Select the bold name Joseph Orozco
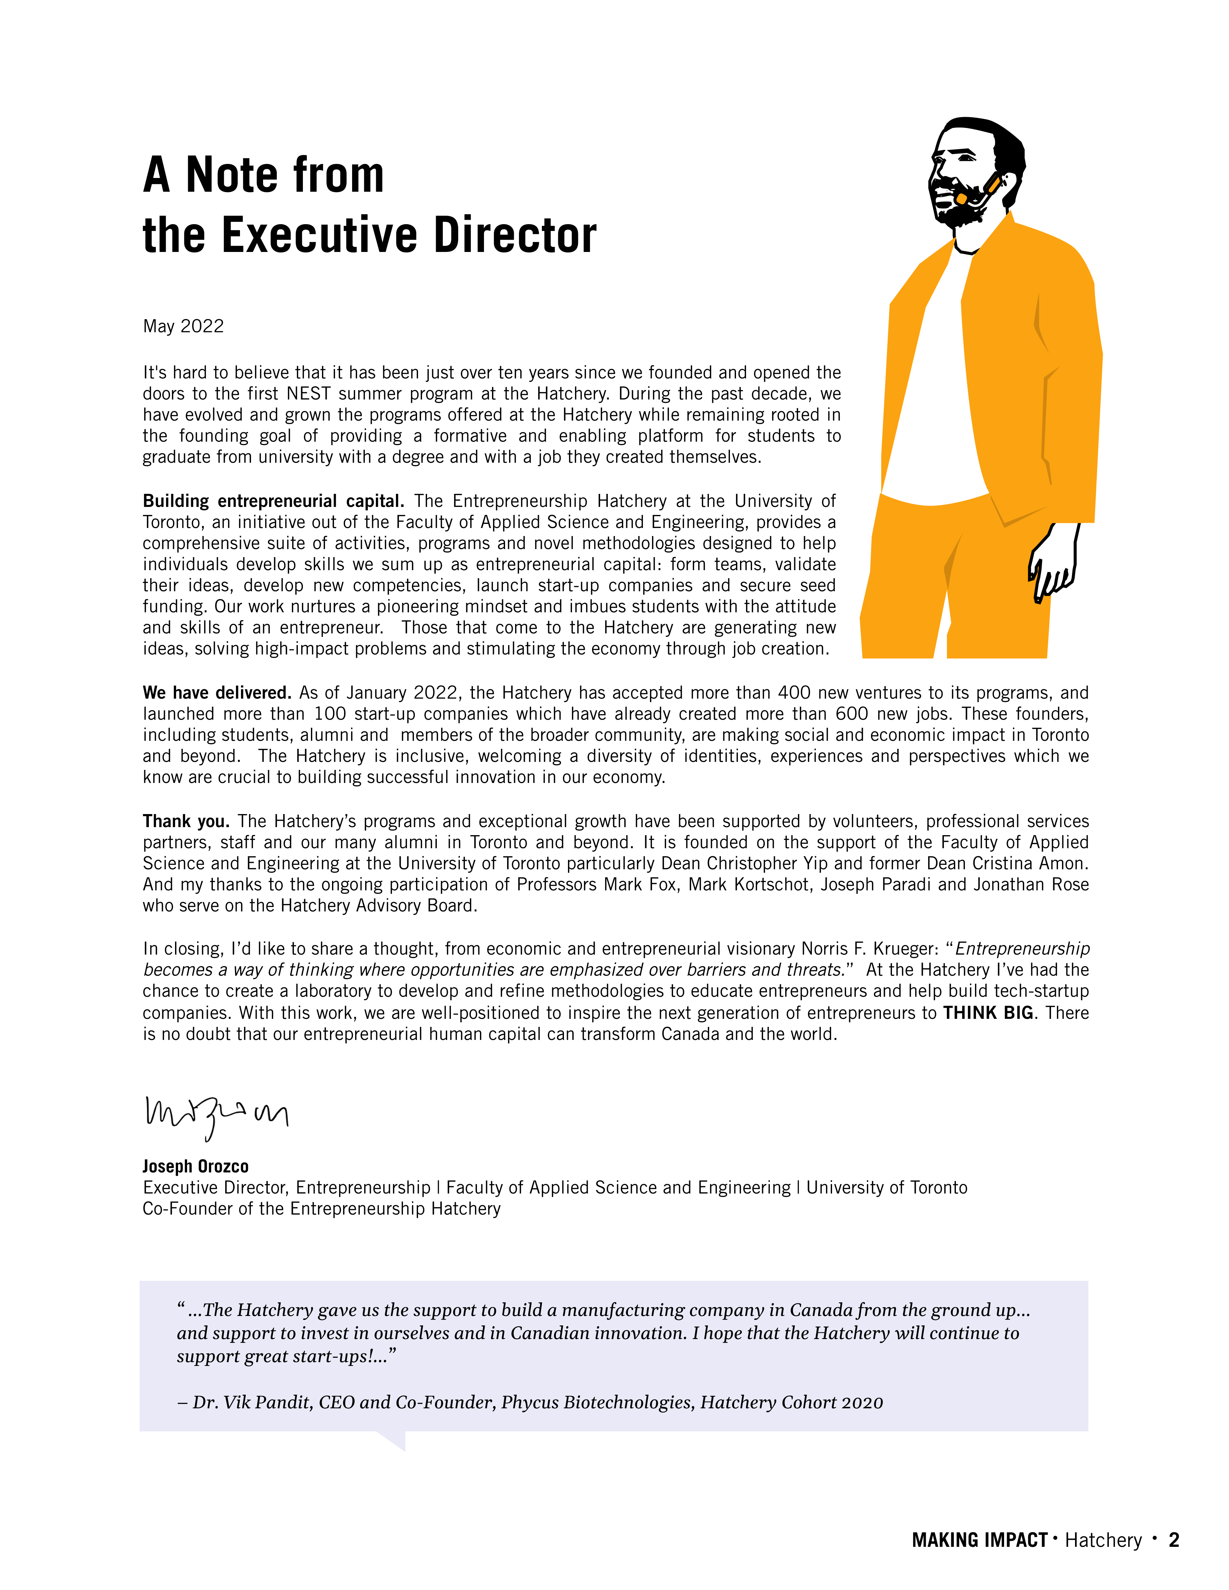pos(195,1166)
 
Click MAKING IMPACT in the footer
pos(979,1540)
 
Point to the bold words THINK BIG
pos(988,1013)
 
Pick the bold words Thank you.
pos(186,821)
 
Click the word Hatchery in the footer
pos(1103,1540)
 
